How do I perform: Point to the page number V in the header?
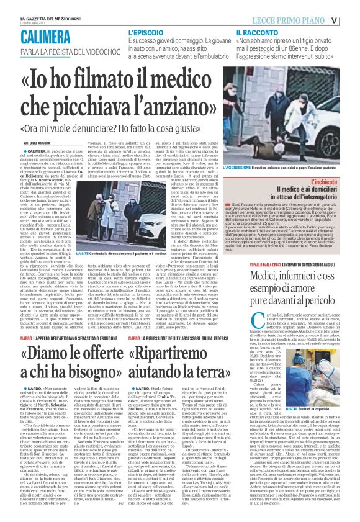pos(351,19)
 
